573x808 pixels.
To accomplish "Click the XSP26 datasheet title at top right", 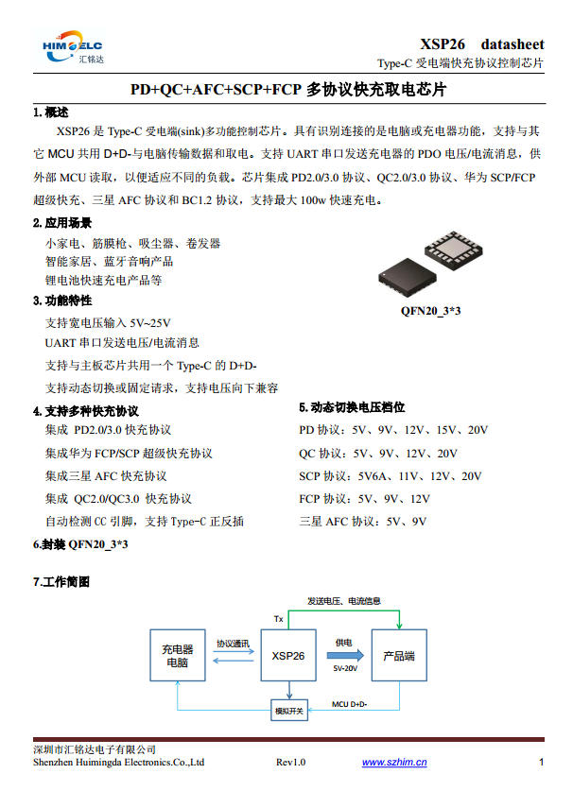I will (x=481, y=44).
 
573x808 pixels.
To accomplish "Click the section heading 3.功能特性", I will (x=61, y=301).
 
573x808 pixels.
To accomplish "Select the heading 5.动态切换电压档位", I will (x=352, y=407).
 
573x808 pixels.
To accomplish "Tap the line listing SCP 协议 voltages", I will (x=390, y=476).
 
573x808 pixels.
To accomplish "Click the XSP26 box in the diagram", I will (x=287, y=656).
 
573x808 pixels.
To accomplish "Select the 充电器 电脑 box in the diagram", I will (x=177, y=656).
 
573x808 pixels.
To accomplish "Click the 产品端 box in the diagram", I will (x=399, y=656).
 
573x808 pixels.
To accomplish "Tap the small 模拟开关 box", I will (x=288, y=711).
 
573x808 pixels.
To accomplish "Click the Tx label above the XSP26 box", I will (x=279, y=619).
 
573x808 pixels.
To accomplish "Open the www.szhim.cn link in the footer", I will (x=394, y=763).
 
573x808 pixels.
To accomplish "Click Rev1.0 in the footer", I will (x=290, y=763).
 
